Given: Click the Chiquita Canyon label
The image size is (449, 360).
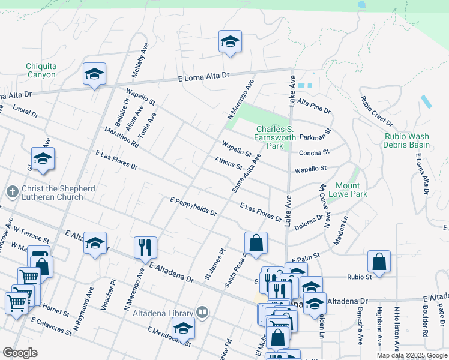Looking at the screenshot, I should pos(41,71).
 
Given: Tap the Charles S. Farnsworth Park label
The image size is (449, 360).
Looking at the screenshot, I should pos(274,137).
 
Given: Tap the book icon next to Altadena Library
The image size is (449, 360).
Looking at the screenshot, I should pos(202,313).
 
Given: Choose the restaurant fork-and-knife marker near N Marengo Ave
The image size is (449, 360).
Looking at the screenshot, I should pos(145,247).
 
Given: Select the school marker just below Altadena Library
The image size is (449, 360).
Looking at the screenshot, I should pos(183,328).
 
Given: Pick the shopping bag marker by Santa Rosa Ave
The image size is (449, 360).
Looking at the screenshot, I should pos(256,243).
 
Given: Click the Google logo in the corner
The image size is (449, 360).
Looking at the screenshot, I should pos(20,353).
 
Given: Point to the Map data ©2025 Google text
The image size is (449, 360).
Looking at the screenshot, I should pos(411,355).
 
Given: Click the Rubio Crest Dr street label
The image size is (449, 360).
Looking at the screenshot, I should pos(376,111).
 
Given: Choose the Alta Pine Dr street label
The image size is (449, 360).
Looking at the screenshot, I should pos(314,106).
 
